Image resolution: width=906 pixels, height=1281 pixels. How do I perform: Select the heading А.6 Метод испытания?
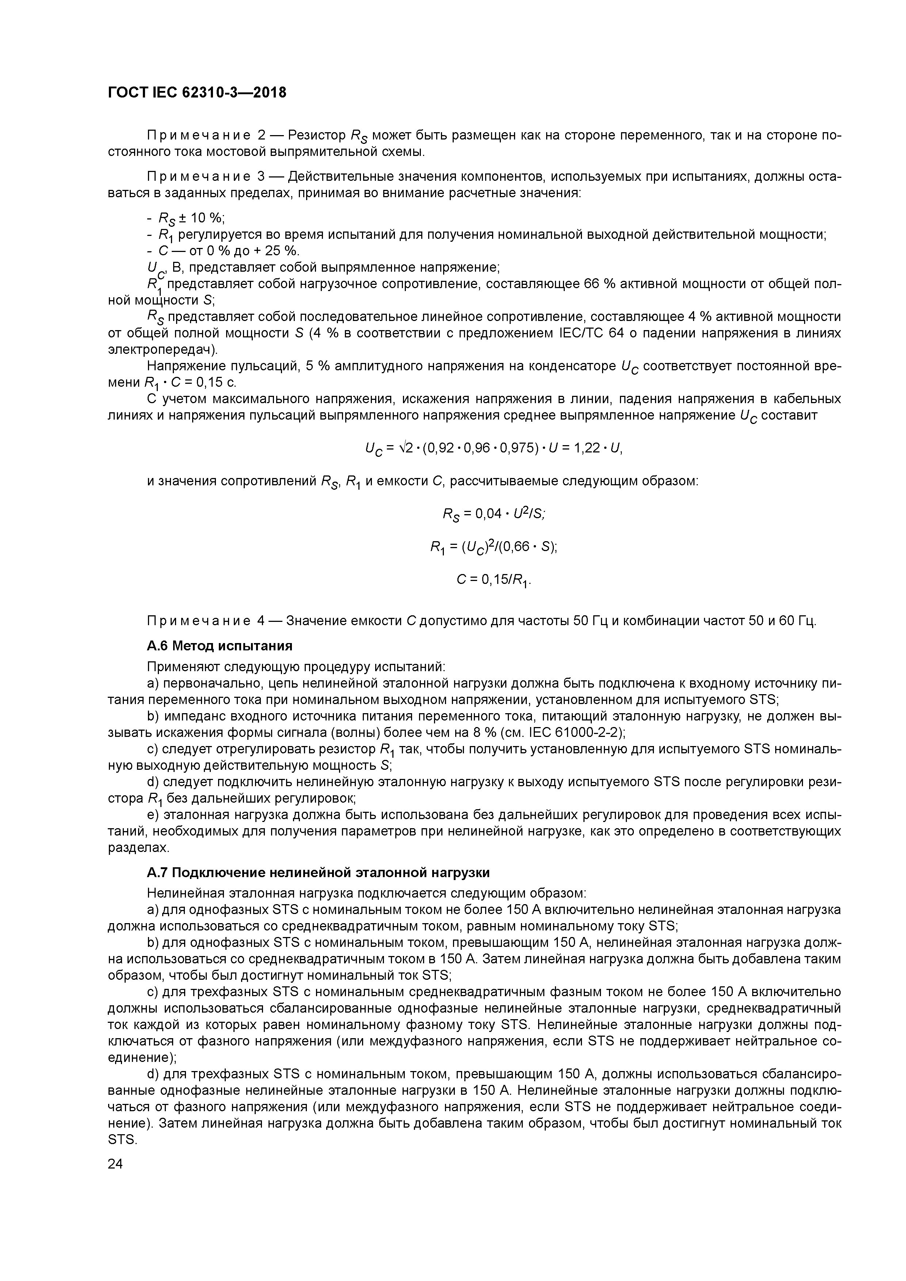click(220, 646)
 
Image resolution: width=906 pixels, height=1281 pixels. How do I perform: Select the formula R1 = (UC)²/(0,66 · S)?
click(494, 547)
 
